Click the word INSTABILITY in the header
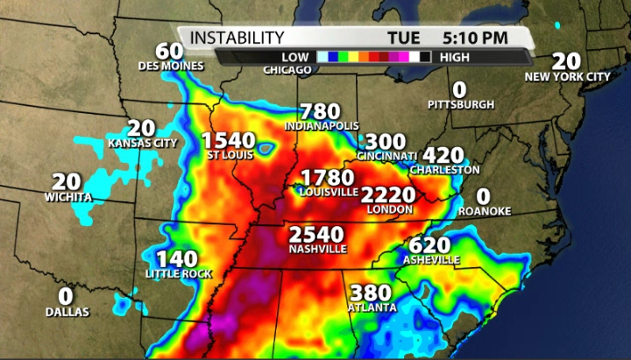[237, 38]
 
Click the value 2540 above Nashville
[318, 234]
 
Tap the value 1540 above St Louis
[228, 140]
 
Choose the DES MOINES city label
[171, 66]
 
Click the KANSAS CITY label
[143, 142]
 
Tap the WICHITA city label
[67, 197]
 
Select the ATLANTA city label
[372, 307]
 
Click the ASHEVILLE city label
[431, 260]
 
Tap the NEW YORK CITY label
[567, 77]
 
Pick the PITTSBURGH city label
[461, 104]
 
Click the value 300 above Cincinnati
[386, 141]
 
